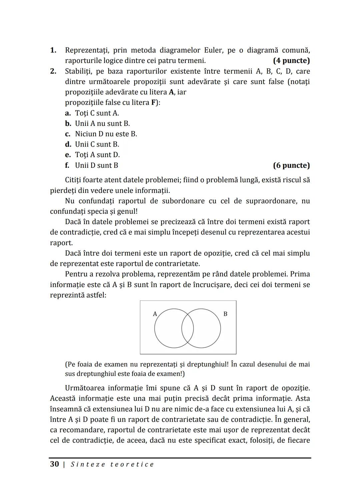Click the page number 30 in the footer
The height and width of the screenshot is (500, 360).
(54, 464)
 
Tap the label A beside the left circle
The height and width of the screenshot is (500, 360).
(155, 314)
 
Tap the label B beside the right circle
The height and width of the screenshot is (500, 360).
(225, 314)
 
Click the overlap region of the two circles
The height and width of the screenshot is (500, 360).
(188, 328)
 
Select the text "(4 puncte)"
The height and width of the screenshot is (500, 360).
(291, 61)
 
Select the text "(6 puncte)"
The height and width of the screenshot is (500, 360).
(291, 165)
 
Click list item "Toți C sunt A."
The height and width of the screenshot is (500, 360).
(97, 113)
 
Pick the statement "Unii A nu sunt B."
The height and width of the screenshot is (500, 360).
(102, 124)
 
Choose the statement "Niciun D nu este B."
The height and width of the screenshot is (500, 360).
(106, 134)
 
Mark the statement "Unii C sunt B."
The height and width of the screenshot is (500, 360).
(97, 144)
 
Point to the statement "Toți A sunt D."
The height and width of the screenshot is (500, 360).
(97, 155)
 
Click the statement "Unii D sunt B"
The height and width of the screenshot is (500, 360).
(96, 165)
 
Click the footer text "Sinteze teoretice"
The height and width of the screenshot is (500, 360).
(112, 464)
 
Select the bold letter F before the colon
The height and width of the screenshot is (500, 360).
(153, 103)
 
